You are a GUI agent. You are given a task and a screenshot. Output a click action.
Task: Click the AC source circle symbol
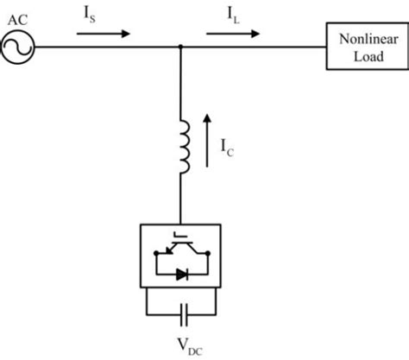point(17,48)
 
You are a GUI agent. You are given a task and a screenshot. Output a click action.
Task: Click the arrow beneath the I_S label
point(104,34)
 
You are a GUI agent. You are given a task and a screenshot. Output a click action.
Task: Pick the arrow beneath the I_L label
point(232,34)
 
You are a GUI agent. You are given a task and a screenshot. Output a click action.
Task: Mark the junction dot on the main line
point(179,49)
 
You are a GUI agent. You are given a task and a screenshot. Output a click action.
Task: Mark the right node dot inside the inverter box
point(206,254)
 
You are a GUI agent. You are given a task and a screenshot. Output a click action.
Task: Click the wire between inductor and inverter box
point(179,203)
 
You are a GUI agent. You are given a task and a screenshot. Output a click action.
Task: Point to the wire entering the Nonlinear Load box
point(302,49)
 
